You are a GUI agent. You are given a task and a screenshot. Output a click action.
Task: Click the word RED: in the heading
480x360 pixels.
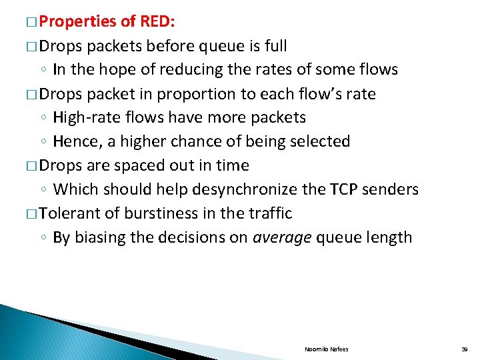tap(157, 21)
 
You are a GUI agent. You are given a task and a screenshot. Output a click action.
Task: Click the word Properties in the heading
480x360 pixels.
tap(78, 21)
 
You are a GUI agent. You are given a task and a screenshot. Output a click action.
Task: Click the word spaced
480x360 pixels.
tap(140, 165)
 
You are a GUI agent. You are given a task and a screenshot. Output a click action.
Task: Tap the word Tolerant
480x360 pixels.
tap(70, 213)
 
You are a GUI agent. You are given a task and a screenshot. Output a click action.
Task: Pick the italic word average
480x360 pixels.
tap(281, 237)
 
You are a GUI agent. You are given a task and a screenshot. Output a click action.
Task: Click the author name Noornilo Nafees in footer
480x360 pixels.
tap(327, 349)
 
